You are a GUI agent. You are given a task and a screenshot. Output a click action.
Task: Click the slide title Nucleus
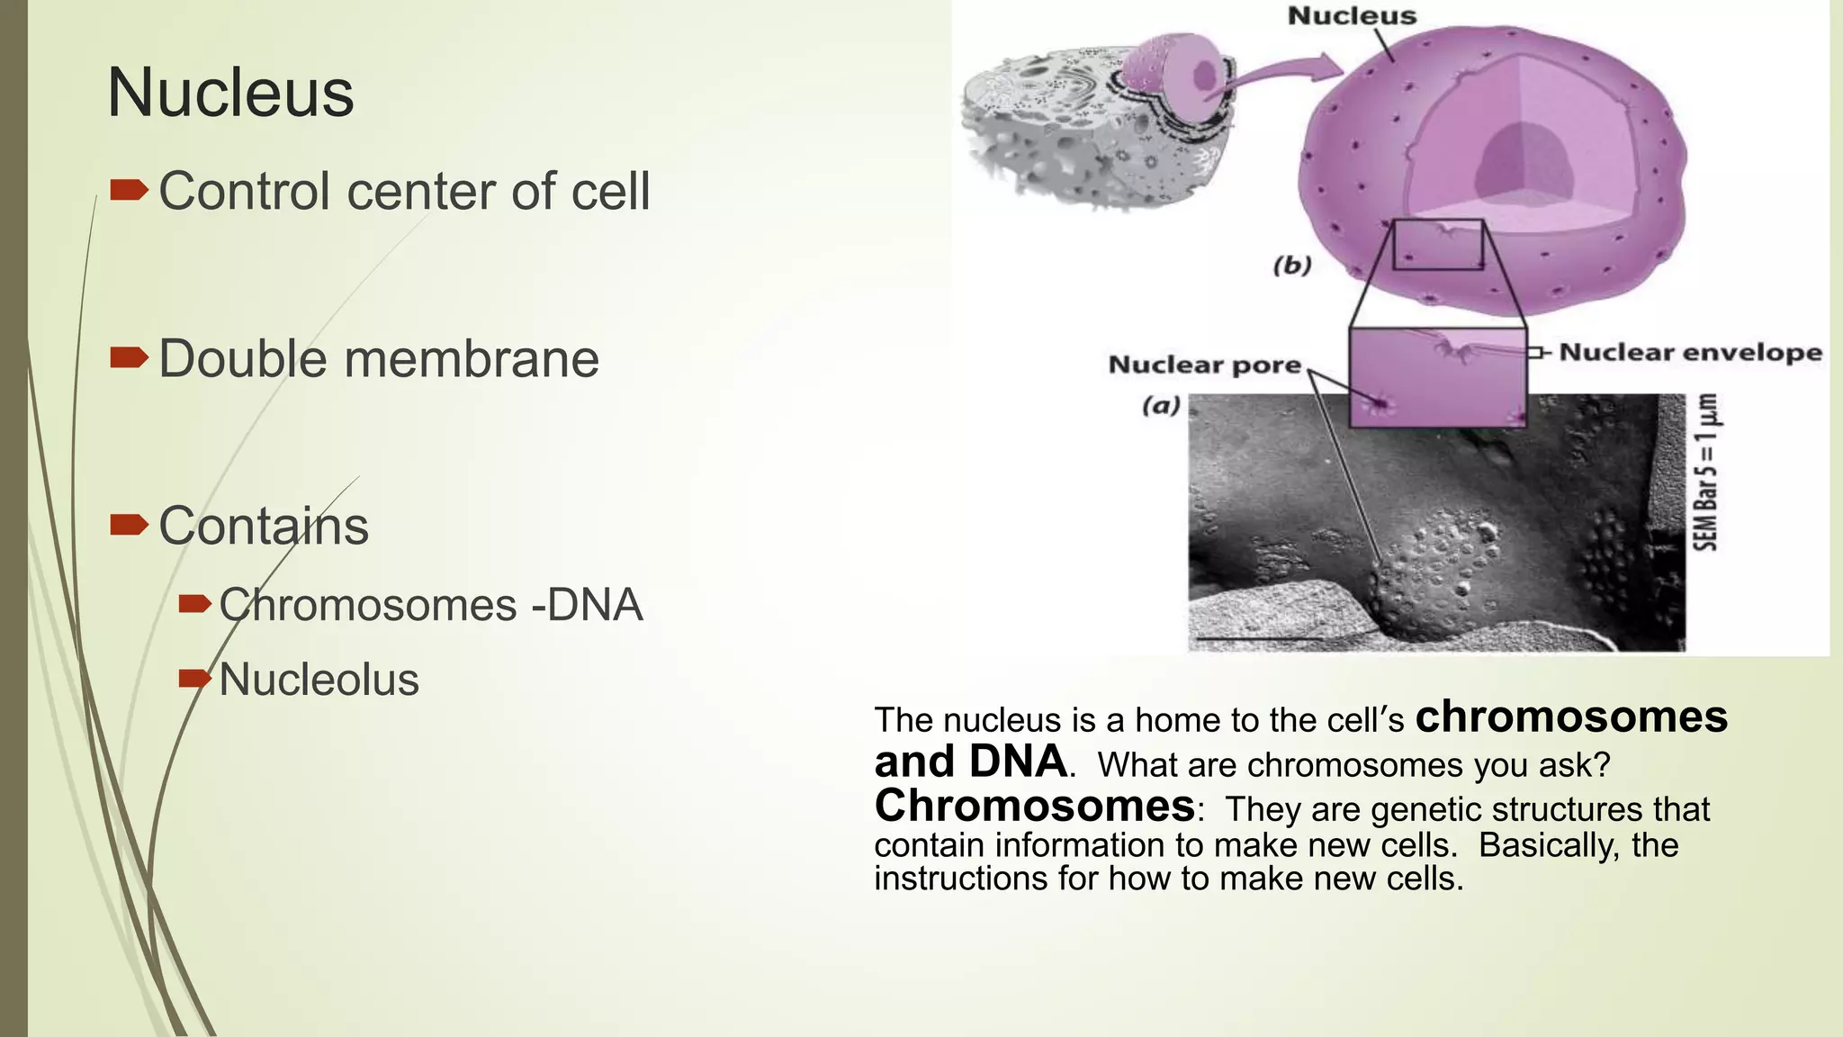point(230,94)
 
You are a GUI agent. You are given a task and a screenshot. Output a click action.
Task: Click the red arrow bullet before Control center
point(129,190)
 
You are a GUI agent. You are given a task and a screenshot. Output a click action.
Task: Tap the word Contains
point(264,526)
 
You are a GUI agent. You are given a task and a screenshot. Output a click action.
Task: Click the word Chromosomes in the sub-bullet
point(367,605)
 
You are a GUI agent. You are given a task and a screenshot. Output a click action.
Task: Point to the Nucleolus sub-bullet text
point(319,680)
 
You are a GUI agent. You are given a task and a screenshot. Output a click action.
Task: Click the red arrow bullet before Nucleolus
point(194,678)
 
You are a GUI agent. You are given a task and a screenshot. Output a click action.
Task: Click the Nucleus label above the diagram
point(1352,16)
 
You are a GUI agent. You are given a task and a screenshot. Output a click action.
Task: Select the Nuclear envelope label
point(1690,352)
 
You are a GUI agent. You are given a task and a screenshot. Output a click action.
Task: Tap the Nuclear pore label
point(1204,365)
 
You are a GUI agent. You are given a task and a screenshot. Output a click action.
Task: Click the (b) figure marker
point(1292,266)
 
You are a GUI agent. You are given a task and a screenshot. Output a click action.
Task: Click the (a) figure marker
point(1161,406)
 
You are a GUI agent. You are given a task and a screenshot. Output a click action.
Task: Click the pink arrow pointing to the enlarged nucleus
point(1278,77)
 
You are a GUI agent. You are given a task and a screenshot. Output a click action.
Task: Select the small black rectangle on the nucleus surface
point(1438,244)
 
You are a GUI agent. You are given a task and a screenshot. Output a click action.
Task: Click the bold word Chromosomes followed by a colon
point(1034,806)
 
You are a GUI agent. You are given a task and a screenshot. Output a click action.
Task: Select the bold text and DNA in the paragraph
point(969,762)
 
